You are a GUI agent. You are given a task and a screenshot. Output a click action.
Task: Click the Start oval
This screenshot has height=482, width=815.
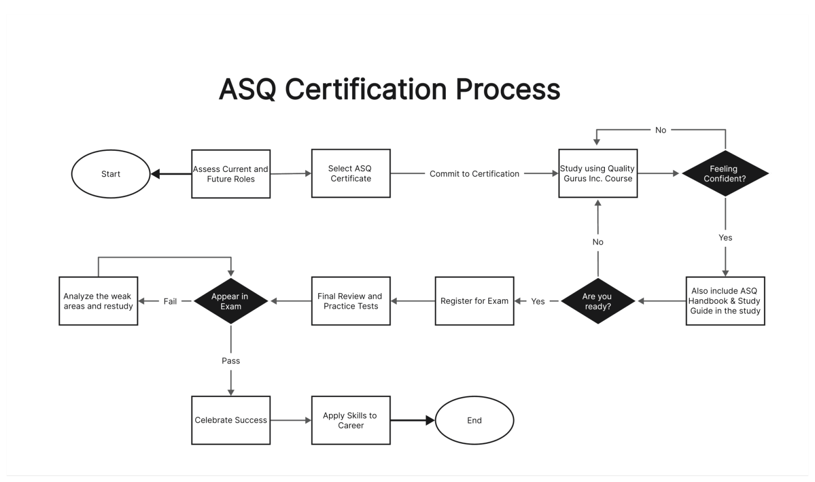pyautogui.click(x=111, y=174)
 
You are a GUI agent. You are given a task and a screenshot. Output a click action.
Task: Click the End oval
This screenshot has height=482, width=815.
pyautogui.click(x=474, y=420)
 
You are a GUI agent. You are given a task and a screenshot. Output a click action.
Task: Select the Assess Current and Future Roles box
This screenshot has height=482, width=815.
pyautogui.click(x=231, y=174)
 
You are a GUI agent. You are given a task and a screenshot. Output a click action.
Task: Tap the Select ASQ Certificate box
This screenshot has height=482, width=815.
pyautogui.click(x=351, y=174)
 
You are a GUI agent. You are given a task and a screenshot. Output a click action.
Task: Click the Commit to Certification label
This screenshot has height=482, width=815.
pyautogui.click(x=474, y=174)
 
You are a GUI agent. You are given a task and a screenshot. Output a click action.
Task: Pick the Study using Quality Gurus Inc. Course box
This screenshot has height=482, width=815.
pyautogui.click(x=598, y=174)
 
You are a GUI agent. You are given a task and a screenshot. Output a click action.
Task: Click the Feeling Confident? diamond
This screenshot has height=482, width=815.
pyautogui.click(x=725, y=174)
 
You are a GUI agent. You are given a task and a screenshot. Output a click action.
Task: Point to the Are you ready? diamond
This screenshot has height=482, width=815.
pyautogui.click(x=598, y=301)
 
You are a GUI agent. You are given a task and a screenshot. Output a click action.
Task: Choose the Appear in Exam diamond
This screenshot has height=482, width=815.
pyautogui.click(x=231, y=301)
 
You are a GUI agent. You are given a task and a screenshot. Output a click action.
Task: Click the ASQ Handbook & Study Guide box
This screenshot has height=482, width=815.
pyautogui.click(x=725, y=301)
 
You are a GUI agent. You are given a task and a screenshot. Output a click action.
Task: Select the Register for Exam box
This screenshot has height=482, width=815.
pyautogui.click(x=474, y=301)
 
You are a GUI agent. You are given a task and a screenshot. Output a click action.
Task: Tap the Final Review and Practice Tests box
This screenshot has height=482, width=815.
pyautogui.click(x=351, y=301)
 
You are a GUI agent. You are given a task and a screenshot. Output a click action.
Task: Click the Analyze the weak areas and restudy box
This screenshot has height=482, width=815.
pyautogui.click(x=98, y=301)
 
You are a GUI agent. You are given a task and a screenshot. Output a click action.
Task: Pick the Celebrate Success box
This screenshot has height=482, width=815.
pyautogui.click(x=231, y=420)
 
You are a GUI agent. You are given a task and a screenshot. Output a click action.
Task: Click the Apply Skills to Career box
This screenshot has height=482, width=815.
pyautogui.click(x=351, y=420)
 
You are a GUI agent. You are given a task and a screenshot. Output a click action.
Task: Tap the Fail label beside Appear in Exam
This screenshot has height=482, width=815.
pyautogui.click(x=170, y=302)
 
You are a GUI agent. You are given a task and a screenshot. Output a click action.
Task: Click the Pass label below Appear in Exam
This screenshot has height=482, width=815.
pyautogui.click(x=231, y=361)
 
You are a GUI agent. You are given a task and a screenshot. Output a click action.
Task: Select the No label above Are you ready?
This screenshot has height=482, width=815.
pyautogui.click(x=598, y=242)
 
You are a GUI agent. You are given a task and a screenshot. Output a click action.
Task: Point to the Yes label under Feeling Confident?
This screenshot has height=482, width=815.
pyautogui.click(x=725, y=238)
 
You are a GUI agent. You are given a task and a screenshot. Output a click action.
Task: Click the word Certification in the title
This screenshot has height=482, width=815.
pyautogui.click(x=366, y=89)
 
